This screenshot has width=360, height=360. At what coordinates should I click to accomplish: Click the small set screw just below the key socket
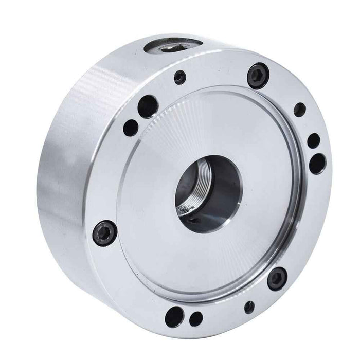(x=179, y=78)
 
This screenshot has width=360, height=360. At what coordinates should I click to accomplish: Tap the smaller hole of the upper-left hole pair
(x=131, y=127)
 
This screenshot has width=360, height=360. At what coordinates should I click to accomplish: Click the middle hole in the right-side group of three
(x=313, y=140)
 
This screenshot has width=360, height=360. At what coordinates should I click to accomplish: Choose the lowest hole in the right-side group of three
(x=317, y=164)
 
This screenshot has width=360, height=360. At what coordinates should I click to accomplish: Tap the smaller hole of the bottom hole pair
(x=196, y=318)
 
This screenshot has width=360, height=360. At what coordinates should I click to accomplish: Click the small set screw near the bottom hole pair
(x=249, y=307)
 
